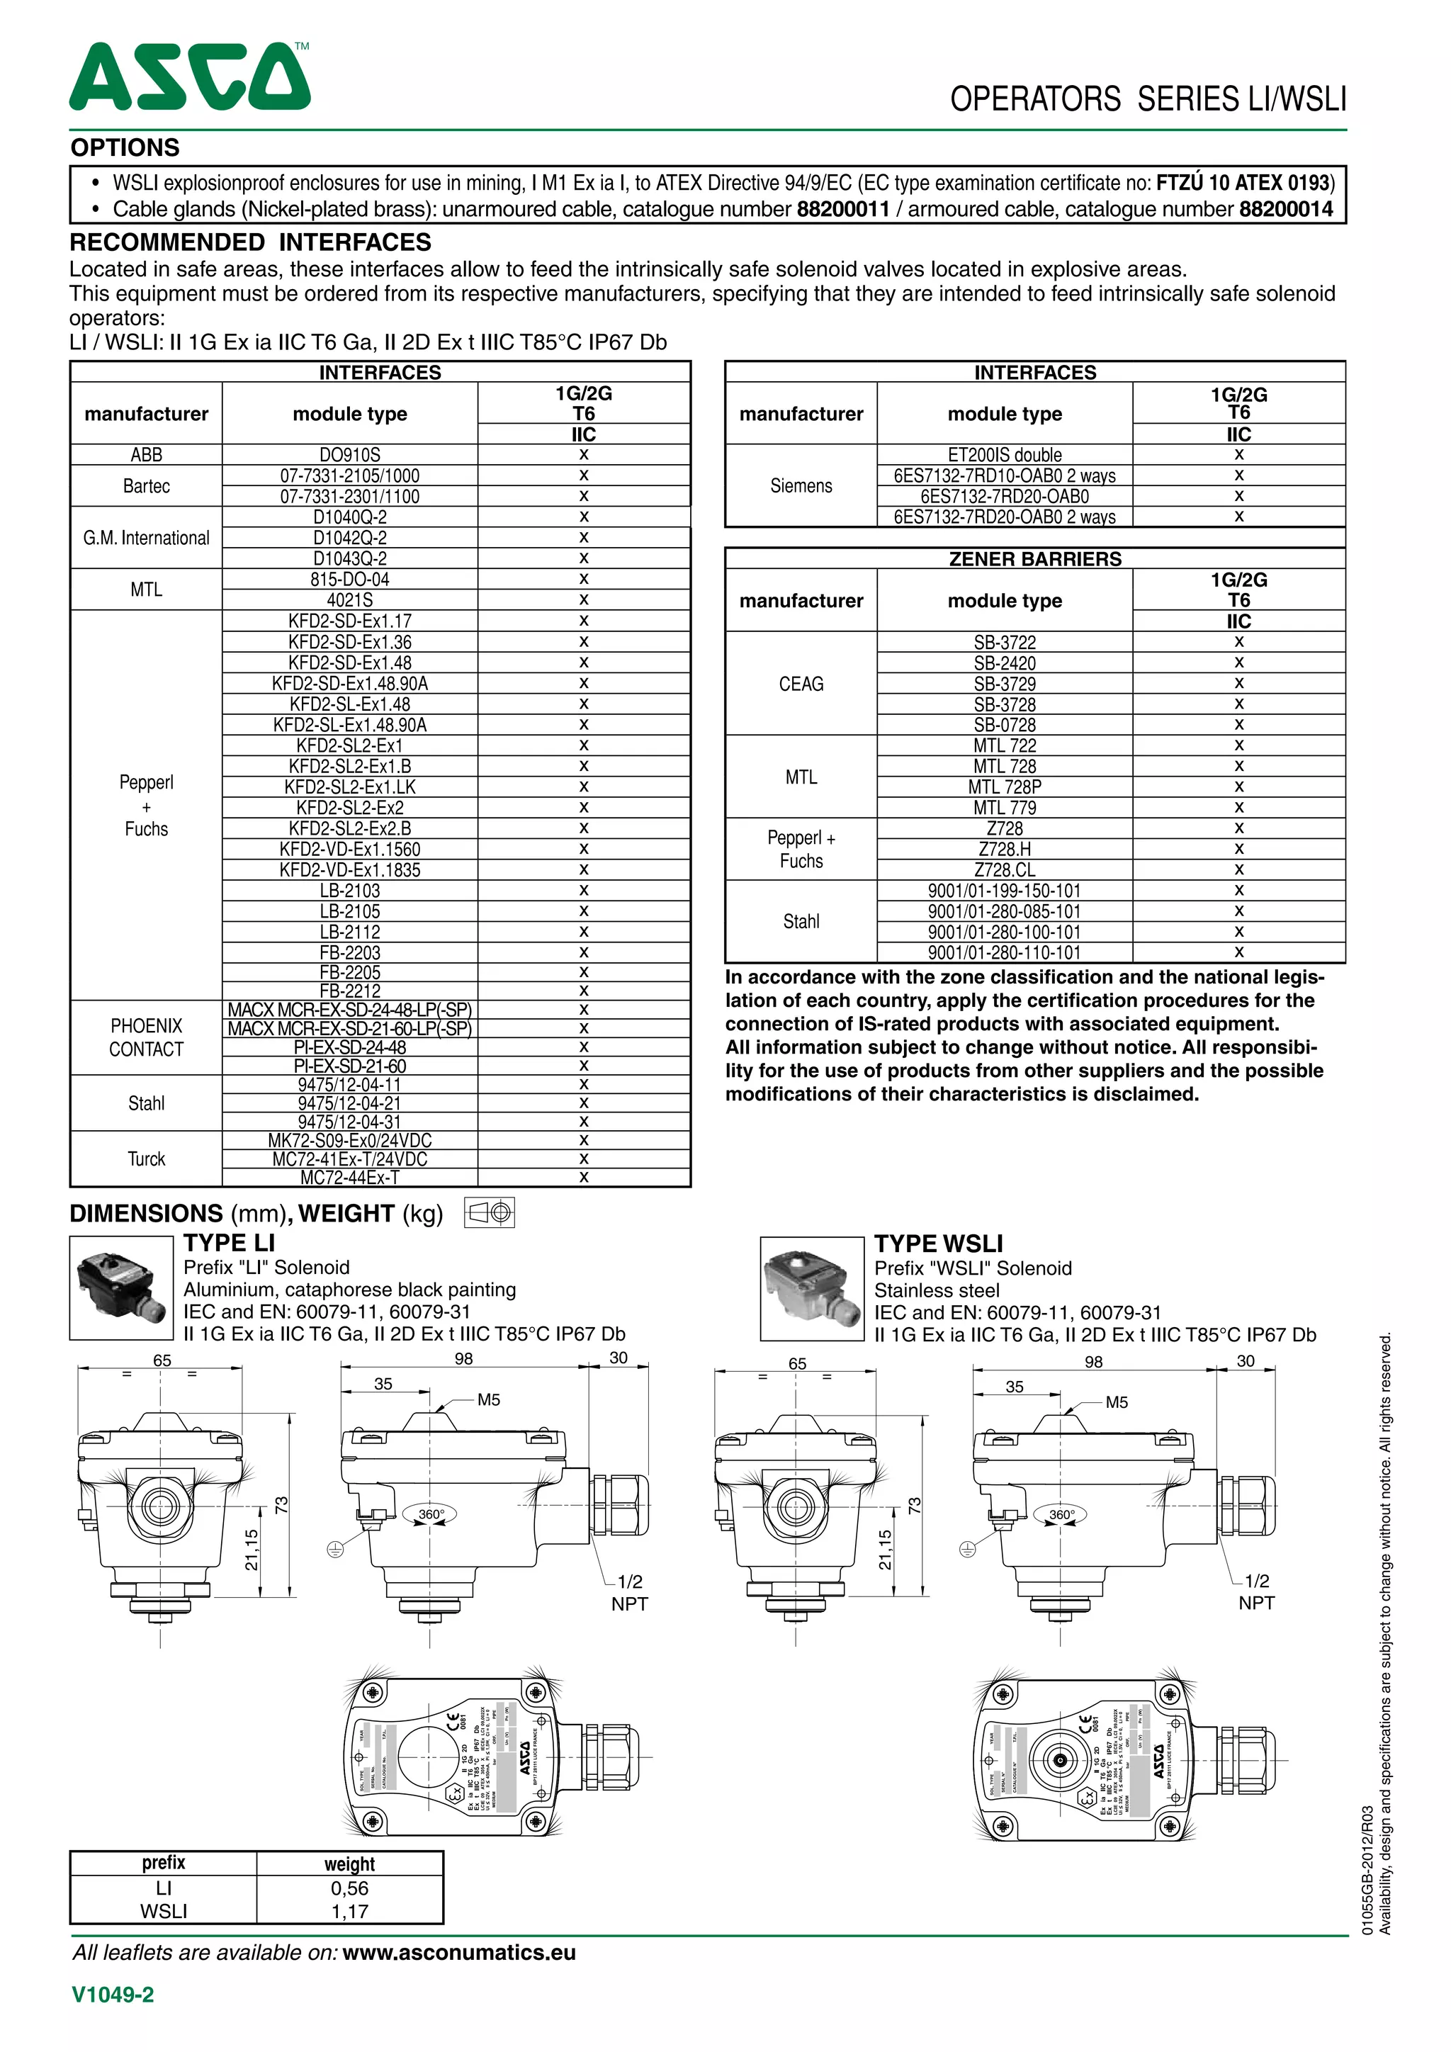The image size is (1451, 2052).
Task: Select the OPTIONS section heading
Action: pyautogui.click(x=125, y=147)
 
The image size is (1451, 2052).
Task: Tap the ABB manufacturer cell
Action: pyautogui.click(x=147, y=455)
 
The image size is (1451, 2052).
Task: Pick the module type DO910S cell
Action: pyautogui.click(x=349, y=455)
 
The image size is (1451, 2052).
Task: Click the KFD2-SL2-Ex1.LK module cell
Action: pyautogui.click(x=349, y=787)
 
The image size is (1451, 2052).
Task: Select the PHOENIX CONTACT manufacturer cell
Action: pyautogui.click(x=147, y=1037)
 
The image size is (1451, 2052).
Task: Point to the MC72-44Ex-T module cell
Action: pyautogui.click(x=349, y=1178)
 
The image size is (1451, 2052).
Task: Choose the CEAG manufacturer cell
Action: pyautogui.click(x=801, y=684)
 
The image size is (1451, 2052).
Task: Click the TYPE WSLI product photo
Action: pyautogui.click(x=811, y=1289)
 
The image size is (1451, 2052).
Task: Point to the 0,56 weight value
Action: pyautogui.click(x=349, y=1888)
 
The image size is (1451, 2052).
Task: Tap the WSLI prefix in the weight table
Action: pyautogui.click(x=164, y=1912)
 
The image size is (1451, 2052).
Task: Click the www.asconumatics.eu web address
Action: pyautogui.click(x=458, y=1953)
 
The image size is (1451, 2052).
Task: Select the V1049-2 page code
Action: pyautogui.click(x=113, y=1995)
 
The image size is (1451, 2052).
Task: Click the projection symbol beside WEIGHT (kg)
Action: pyautogui.click(x=490, y=1213)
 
